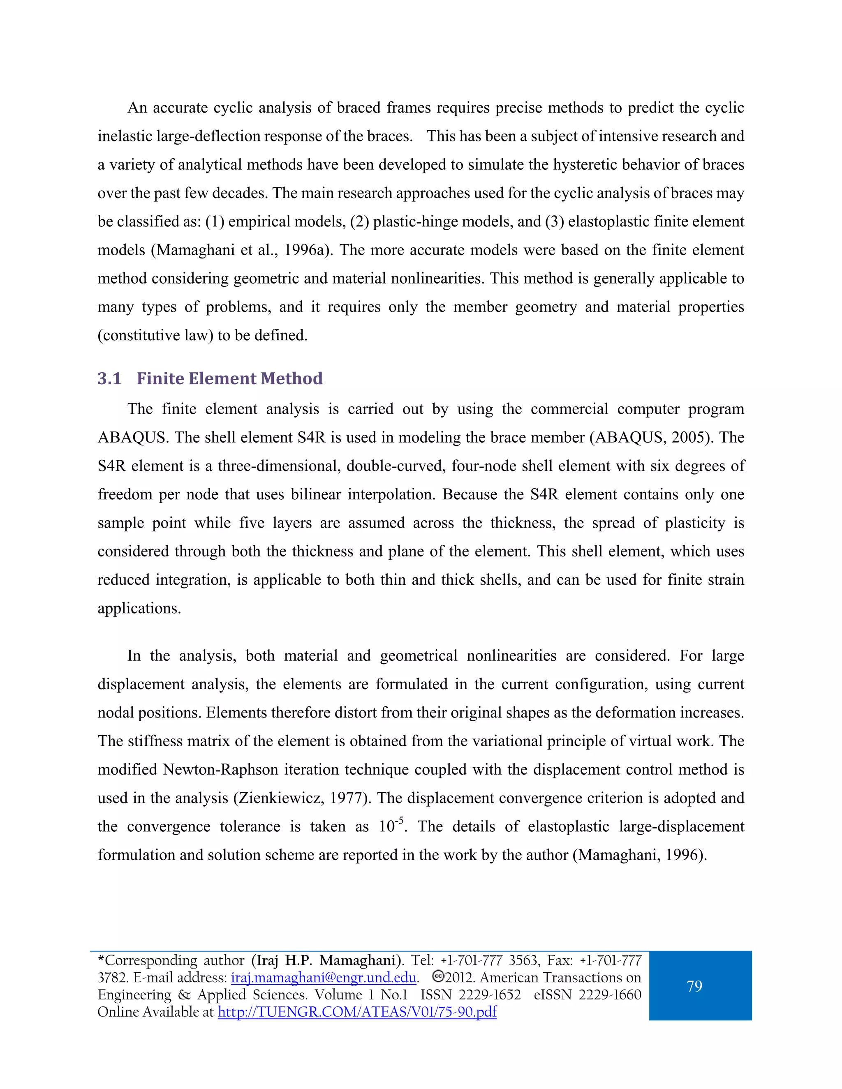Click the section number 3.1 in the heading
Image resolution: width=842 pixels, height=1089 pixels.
coord(109,379)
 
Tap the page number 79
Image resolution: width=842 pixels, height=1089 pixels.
coord(694,986)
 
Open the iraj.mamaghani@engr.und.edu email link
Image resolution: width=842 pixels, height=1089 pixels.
coord(323,977)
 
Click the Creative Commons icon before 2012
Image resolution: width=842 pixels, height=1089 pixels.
coord(437,976)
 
